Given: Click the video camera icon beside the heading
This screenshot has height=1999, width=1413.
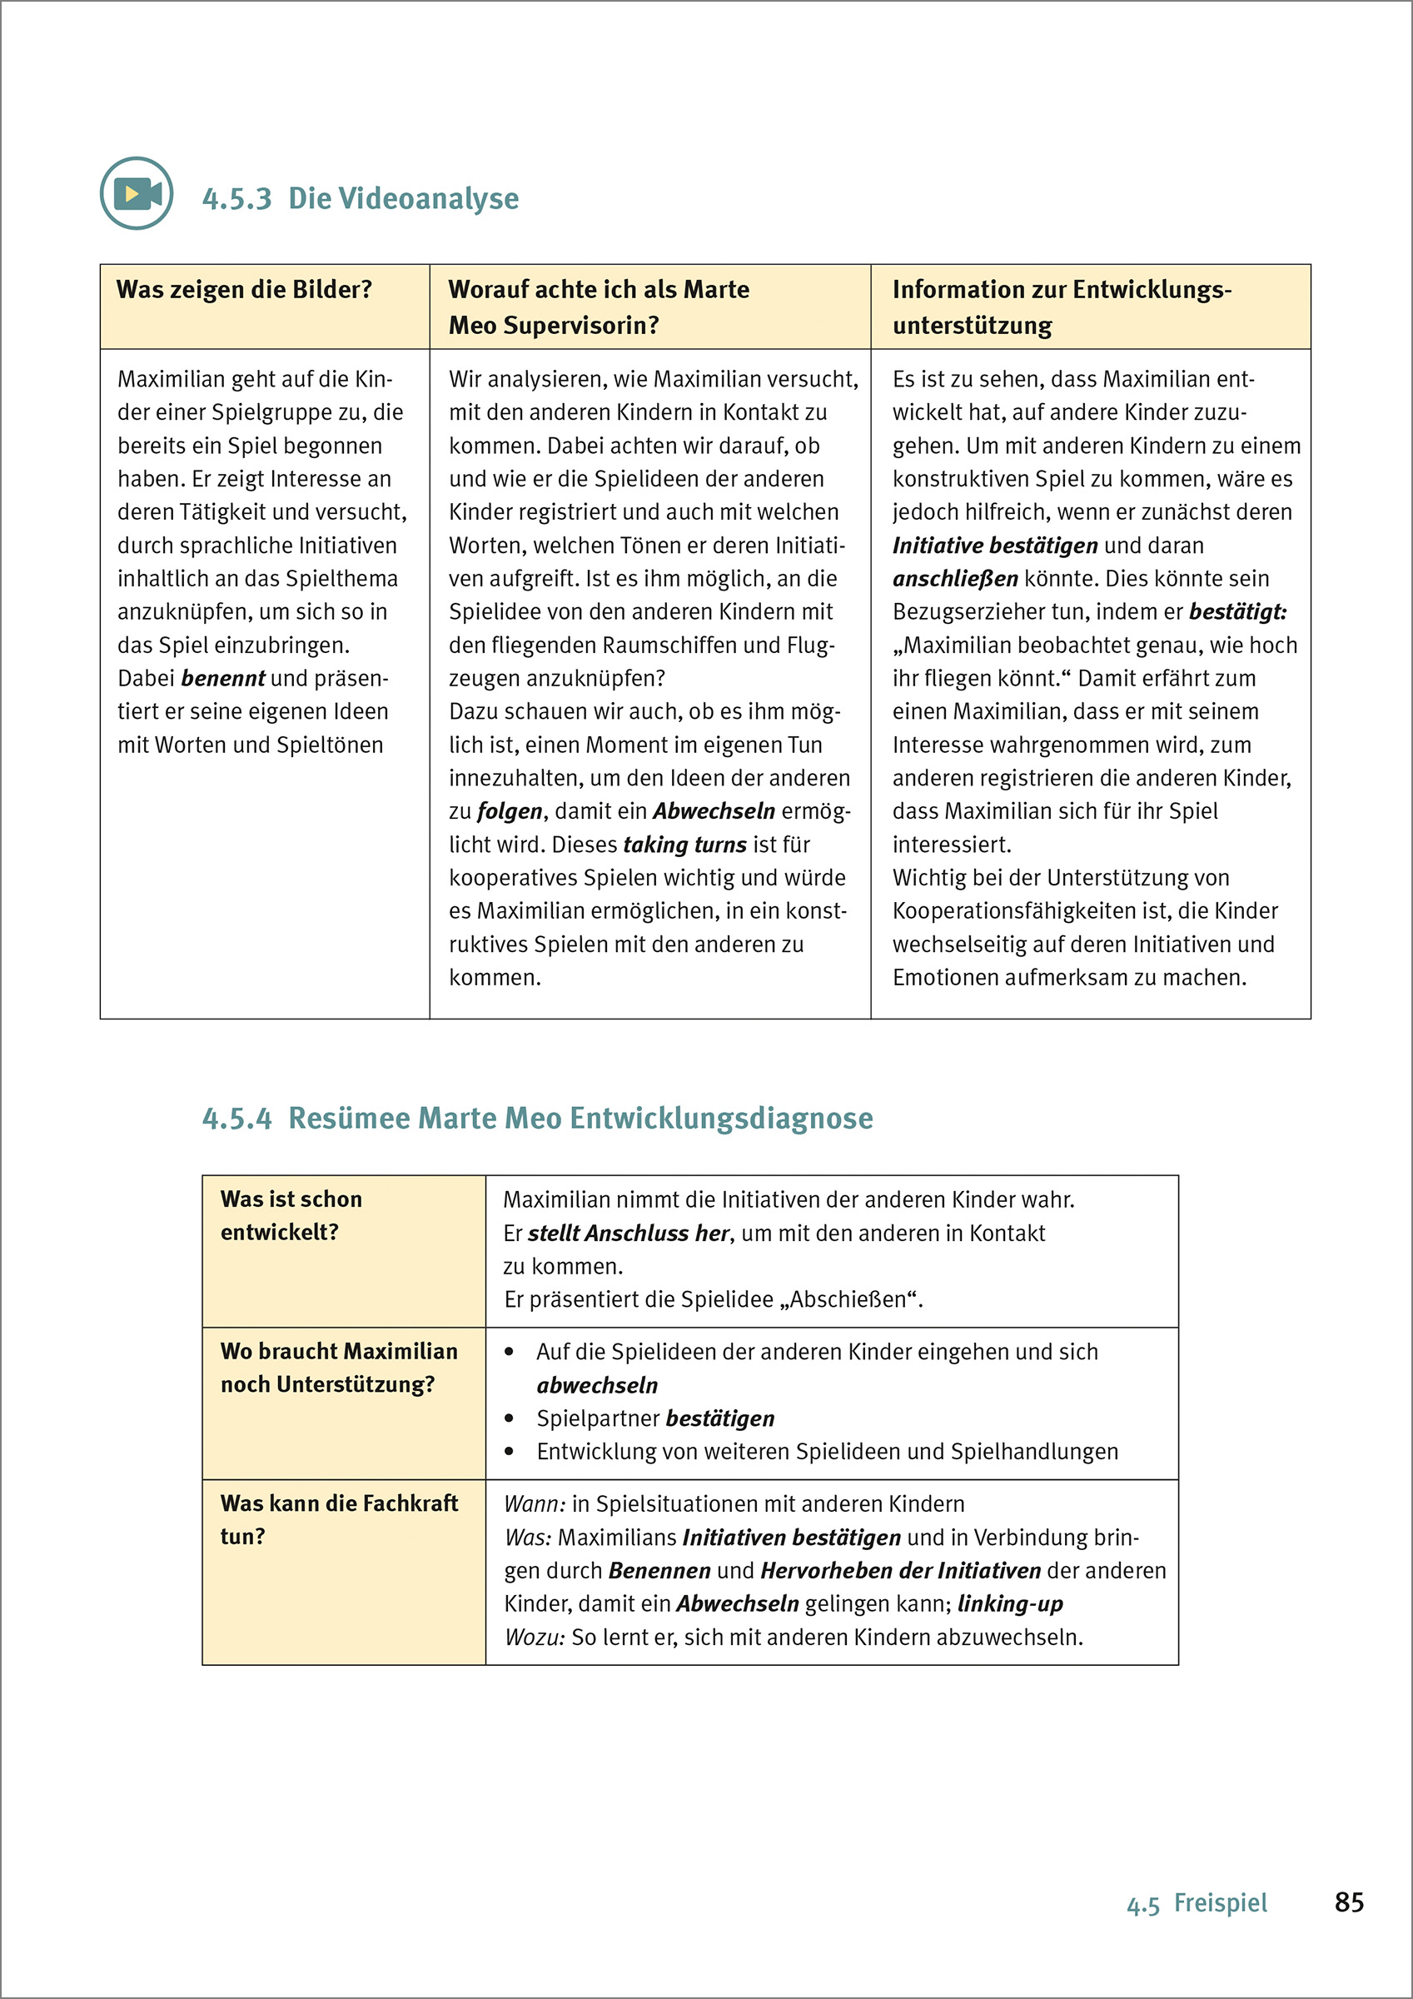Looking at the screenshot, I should (x=137, y=193).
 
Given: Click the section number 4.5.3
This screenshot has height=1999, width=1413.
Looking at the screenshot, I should (x=236, y=199).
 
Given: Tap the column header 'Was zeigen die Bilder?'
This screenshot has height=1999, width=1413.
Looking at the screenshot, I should (x=245, y=290).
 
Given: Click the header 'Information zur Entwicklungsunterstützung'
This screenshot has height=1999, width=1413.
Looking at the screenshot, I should (x=1062, y=307).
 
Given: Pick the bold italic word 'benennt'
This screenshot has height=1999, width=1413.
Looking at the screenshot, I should (x=223, y=678).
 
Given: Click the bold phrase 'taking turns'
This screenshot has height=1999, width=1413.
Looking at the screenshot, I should (x=684, y=845).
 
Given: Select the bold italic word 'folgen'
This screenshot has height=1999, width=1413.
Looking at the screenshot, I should (x=510, y=811).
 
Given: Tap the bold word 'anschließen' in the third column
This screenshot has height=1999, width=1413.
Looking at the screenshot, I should (x=955, y=579).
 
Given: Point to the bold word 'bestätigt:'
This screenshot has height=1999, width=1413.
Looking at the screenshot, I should (x=1237, y=612).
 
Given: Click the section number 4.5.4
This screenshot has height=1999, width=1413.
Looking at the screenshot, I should (x=236, y=1119).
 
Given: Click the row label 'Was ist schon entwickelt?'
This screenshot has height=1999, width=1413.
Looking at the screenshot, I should (x=291, y=1215).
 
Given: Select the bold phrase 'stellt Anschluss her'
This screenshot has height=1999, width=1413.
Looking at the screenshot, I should (x=628, y=1234).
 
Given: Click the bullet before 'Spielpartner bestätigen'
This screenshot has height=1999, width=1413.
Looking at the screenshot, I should (x=510, y=1419).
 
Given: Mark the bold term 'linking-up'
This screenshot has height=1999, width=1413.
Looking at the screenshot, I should (x=1010, y=1603).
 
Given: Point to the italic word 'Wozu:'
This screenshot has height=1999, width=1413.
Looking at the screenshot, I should (x=535, y=1638).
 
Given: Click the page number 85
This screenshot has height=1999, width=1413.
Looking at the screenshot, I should (x=1349, y=1902).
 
